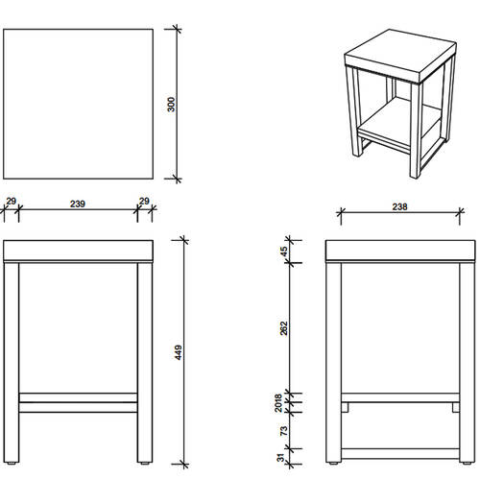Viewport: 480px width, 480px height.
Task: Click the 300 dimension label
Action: pos(172,105)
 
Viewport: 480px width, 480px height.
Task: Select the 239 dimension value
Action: pos(78,204)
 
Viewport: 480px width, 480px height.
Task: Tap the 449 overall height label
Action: pos(179,352)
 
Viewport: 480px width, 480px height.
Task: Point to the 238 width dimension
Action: pos(400,206)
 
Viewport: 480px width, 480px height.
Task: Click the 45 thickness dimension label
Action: pos(284,252)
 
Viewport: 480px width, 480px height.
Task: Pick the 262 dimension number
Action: pos(284,328)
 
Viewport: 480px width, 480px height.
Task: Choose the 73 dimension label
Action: pos(284,430)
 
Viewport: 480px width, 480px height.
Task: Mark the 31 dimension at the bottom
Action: pos(280,458)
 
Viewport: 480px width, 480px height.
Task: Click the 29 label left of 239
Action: pos(11,202)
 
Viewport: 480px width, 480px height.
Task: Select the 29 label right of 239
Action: pos(144,202)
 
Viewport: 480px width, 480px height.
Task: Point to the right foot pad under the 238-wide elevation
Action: pos(467,463)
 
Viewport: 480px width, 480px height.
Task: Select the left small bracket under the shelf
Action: pos(345,407)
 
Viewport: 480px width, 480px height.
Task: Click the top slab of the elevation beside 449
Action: pos(78,252)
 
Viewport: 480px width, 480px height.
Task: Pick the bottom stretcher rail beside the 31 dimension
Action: pos(400,454)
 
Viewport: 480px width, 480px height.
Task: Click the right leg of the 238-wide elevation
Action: pos(468,362)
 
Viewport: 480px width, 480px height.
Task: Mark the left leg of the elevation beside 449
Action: pos(12,362)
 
